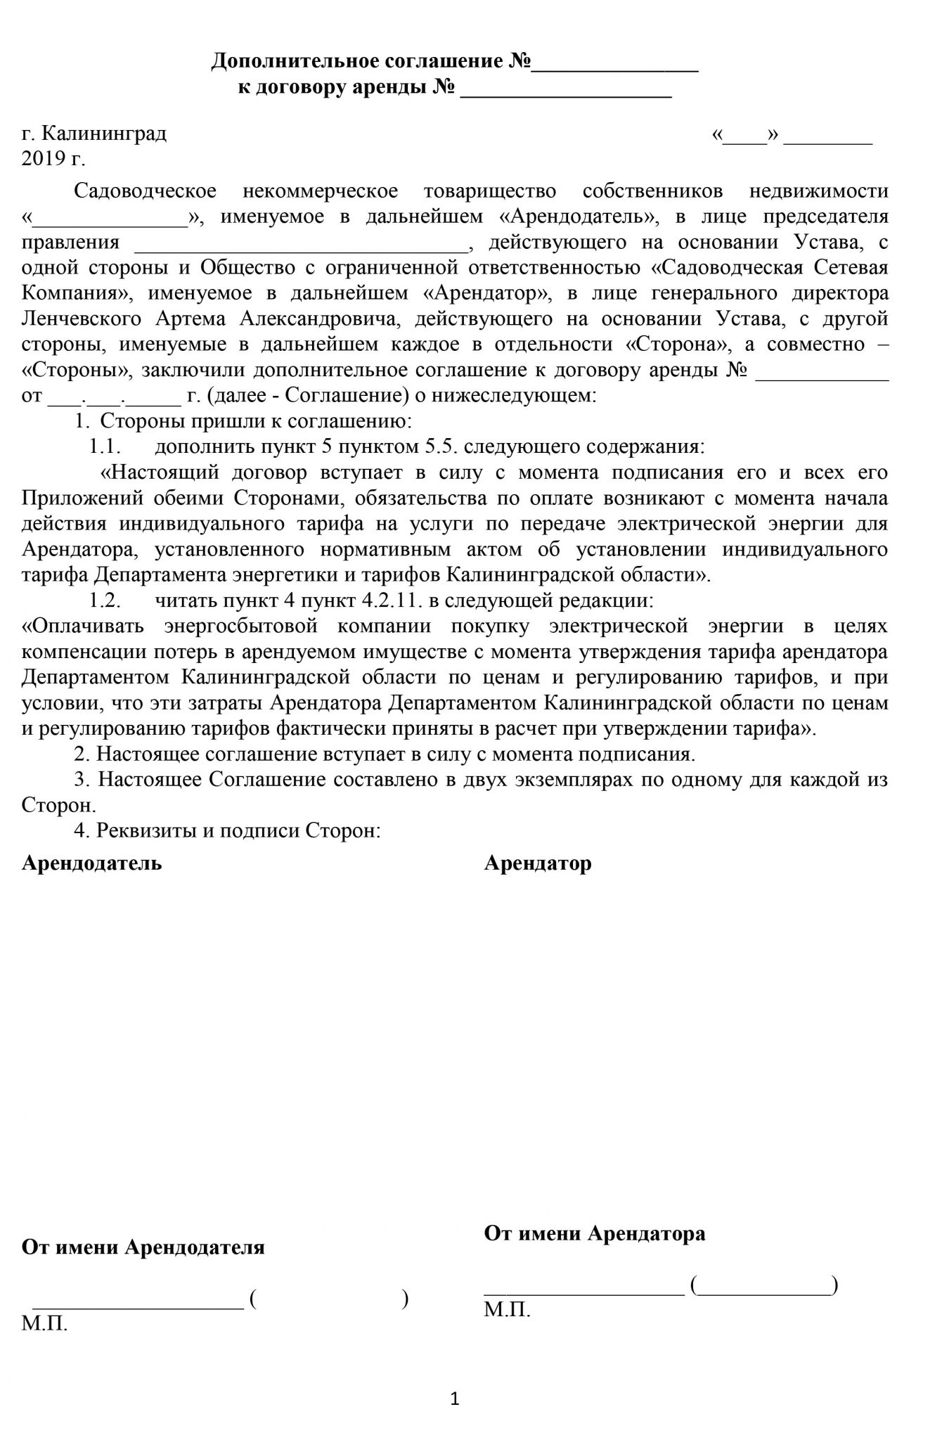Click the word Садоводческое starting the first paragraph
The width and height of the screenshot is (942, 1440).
[145, 191]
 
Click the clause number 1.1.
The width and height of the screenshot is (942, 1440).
[105, 446]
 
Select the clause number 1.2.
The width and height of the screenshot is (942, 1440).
[105, 601]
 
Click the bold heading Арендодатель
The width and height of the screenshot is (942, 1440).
[91, 863]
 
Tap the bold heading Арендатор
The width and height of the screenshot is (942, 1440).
[538, 863]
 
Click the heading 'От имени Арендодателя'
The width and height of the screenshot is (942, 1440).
[143, 1247]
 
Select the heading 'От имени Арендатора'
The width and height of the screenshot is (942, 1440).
[595, 1233]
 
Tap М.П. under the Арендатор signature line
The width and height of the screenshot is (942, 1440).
[507, 1309]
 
